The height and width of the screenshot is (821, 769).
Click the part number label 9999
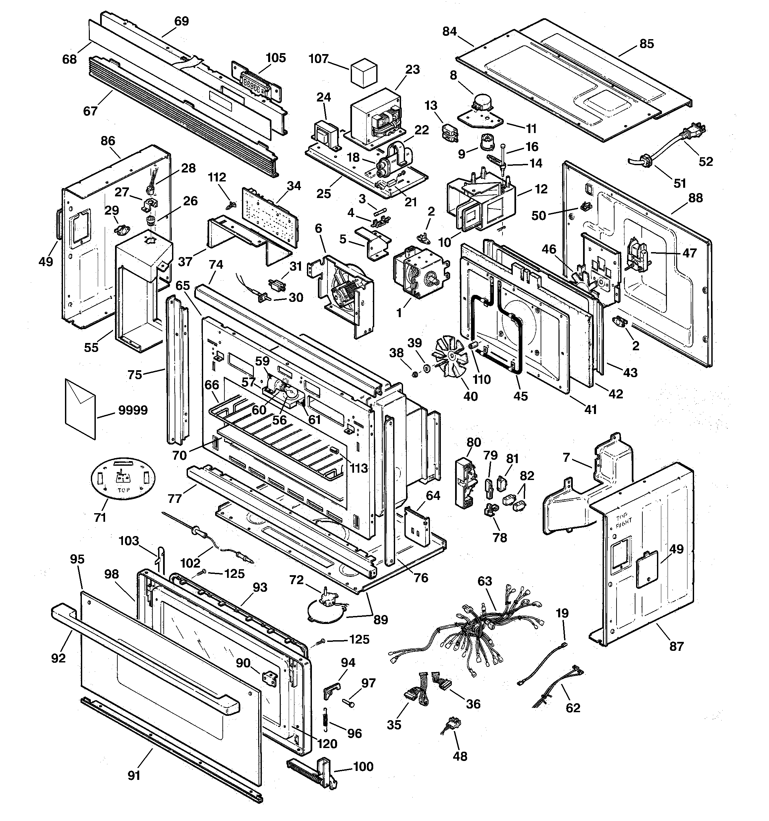click(x=133, y=411)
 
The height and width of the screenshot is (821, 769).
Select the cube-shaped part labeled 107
click(x=364, y=75)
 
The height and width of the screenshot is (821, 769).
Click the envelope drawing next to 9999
click(x=80, y=409)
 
